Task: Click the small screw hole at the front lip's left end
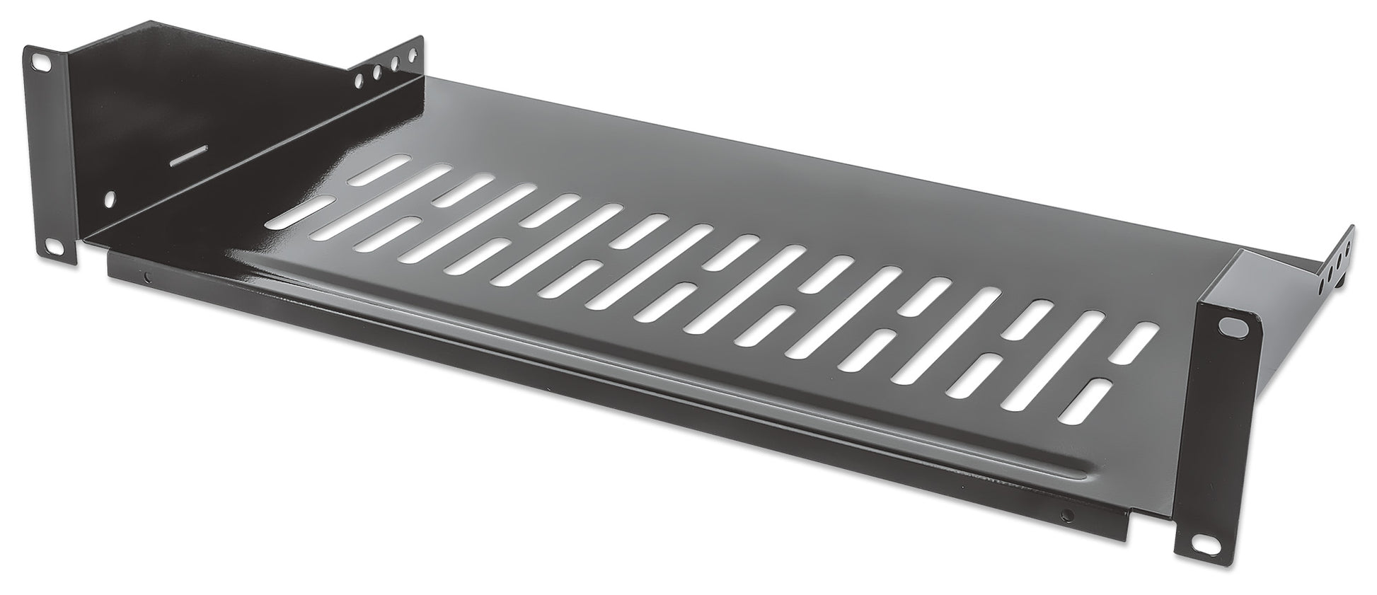[x=146, y=277]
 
